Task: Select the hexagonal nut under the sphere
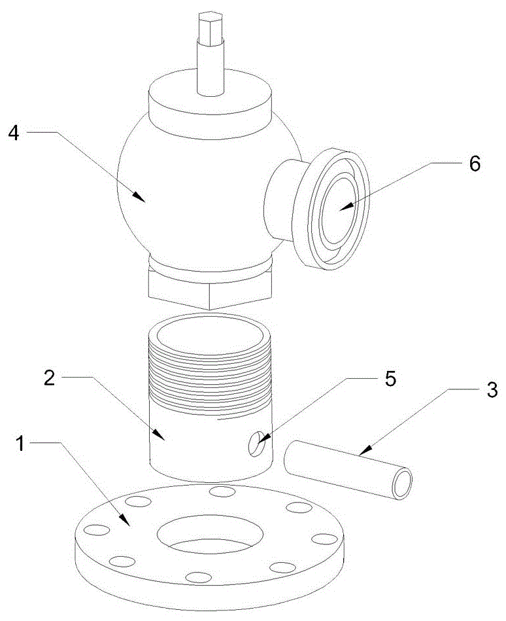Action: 209,288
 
